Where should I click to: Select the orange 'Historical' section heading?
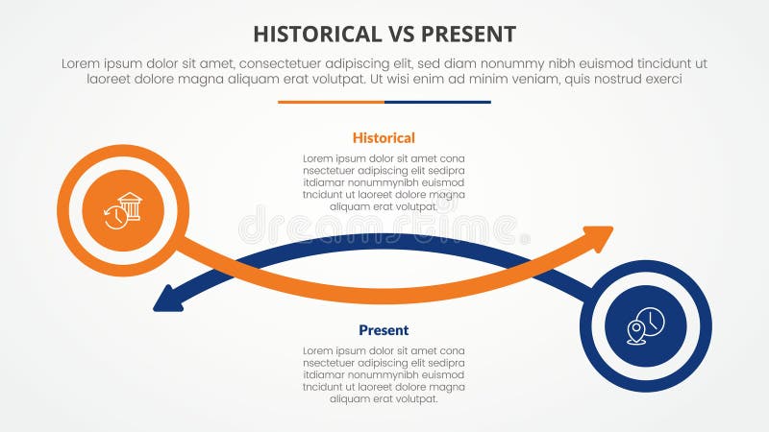point(384,138)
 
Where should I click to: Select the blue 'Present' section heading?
point(384,330)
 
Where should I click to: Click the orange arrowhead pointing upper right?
point(601,236)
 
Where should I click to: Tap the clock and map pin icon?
point(645,325)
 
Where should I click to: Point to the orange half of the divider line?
point(331,102)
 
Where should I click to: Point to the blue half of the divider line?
point(437,102)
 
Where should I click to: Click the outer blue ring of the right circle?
point(704,325)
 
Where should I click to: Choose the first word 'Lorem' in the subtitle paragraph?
point(81,63)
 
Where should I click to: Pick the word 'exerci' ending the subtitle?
point(662,80)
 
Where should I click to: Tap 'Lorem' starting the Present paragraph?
point(319,350)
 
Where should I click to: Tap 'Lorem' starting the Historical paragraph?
point(319,158)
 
